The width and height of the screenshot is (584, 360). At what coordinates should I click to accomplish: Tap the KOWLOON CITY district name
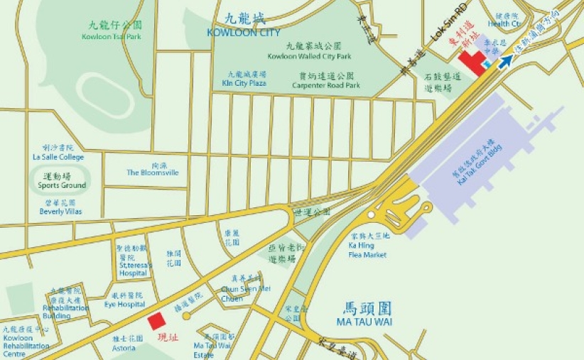coord(244,33)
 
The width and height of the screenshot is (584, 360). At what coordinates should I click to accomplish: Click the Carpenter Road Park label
coord(326,85)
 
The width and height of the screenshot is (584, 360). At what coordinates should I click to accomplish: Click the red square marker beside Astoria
coord(156,321)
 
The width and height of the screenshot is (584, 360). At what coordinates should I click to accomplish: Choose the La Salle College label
coord(58,157)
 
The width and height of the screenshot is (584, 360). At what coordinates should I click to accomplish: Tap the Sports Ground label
coord(62,185)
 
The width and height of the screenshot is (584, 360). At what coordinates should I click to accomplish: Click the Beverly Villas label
coord(60,212)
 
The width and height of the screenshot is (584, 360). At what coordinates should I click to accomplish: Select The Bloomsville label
coord(153,173)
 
